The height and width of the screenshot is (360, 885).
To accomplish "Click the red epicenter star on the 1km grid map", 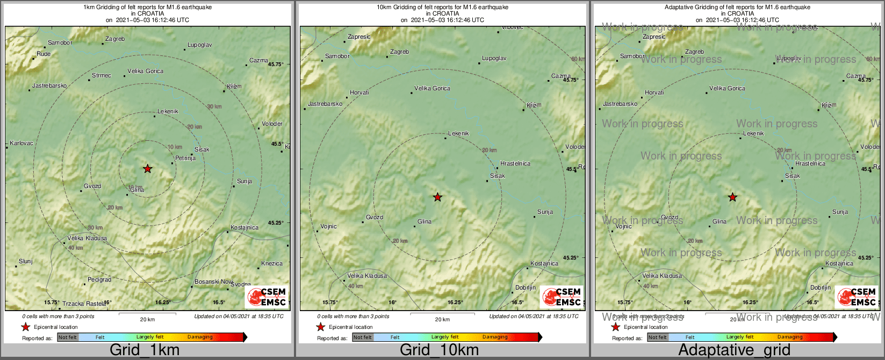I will point(148,169).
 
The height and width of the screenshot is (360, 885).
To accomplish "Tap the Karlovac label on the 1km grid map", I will point(21,143).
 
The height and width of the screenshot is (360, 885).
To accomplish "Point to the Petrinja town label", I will point(185,159).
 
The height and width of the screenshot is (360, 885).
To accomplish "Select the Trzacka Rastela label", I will point(84,304).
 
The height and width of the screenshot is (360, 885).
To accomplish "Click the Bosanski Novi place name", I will point(213,282).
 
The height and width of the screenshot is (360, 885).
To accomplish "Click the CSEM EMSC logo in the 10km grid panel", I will point(562,297).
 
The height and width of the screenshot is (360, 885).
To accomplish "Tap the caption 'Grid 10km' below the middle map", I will point(439,350).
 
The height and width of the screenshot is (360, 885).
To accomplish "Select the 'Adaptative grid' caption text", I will point(734,350).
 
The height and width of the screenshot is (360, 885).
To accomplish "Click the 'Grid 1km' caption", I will point(145,350).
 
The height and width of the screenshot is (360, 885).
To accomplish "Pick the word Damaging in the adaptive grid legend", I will point(790,337).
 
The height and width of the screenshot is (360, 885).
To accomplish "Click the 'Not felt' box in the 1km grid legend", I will point(68,337).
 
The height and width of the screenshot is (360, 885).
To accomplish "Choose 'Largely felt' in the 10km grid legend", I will point(445,337).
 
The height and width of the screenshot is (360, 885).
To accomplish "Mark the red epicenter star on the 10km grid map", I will point(437,197).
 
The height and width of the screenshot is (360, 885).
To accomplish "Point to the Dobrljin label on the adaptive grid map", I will point(821,288).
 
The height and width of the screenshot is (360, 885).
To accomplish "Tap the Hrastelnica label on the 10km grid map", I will point(515,163).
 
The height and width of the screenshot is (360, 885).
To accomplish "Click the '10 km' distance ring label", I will point(175,147).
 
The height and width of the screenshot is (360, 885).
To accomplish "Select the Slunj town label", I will point(26,262).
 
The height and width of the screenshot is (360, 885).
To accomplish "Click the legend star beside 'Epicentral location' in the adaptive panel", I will point(616,327).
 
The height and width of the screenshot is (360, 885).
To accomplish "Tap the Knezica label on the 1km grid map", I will point(272,264).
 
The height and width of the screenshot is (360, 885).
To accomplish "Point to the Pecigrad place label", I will point(99,280).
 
